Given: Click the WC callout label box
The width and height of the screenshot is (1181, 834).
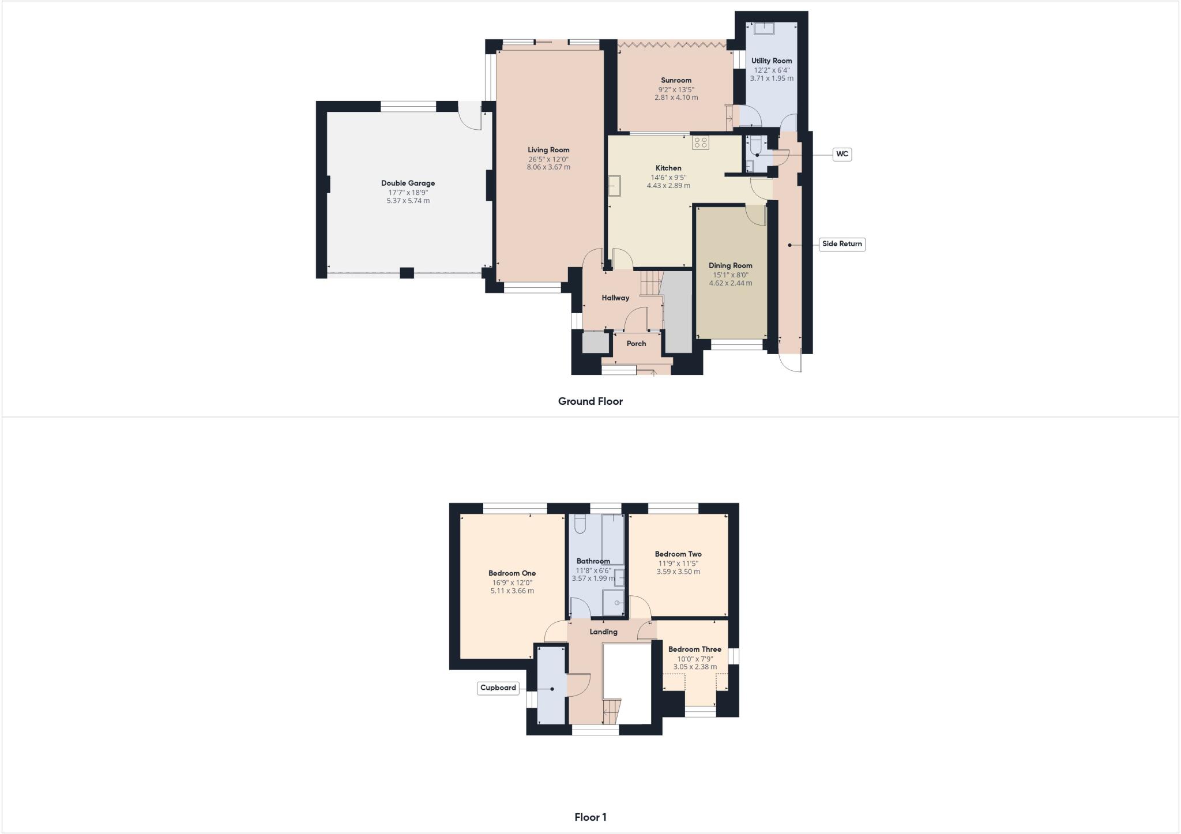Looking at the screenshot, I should point(843,154).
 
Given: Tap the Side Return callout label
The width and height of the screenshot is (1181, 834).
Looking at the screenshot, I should point(842,244).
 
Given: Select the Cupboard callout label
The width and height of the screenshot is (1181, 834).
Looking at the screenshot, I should point(498,688).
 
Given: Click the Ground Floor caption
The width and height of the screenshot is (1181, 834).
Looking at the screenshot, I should point(590,401).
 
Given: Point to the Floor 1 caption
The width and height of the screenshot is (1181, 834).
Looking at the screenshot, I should point(590,817).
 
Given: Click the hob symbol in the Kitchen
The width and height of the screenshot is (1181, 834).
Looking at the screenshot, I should point(701,142).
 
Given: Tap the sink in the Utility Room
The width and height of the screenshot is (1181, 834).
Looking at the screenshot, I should point(764,28).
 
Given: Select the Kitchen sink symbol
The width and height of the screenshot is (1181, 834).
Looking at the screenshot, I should point(615,186).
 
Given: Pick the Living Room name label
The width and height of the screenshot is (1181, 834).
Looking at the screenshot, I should point(548,150).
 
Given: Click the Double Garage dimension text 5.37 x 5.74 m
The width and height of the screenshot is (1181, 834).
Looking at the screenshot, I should point(408,201).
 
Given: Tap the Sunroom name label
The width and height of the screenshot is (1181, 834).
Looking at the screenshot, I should point(676,80).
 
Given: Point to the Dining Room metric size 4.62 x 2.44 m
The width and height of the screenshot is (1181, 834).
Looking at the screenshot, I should point(730,283).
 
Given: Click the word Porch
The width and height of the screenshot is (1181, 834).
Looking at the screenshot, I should point(636,343).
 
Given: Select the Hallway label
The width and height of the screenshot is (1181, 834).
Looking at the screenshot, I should point(615,298).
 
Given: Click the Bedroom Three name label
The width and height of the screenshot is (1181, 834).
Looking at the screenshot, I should point(694,649).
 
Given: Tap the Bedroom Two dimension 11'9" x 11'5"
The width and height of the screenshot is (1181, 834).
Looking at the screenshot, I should point(678,563).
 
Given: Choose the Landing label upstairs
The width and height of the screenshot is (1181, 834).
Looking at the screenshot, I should point(603,632).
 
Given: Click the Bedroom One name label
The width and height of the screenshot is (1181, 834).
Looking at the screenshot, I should point(512,573).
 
